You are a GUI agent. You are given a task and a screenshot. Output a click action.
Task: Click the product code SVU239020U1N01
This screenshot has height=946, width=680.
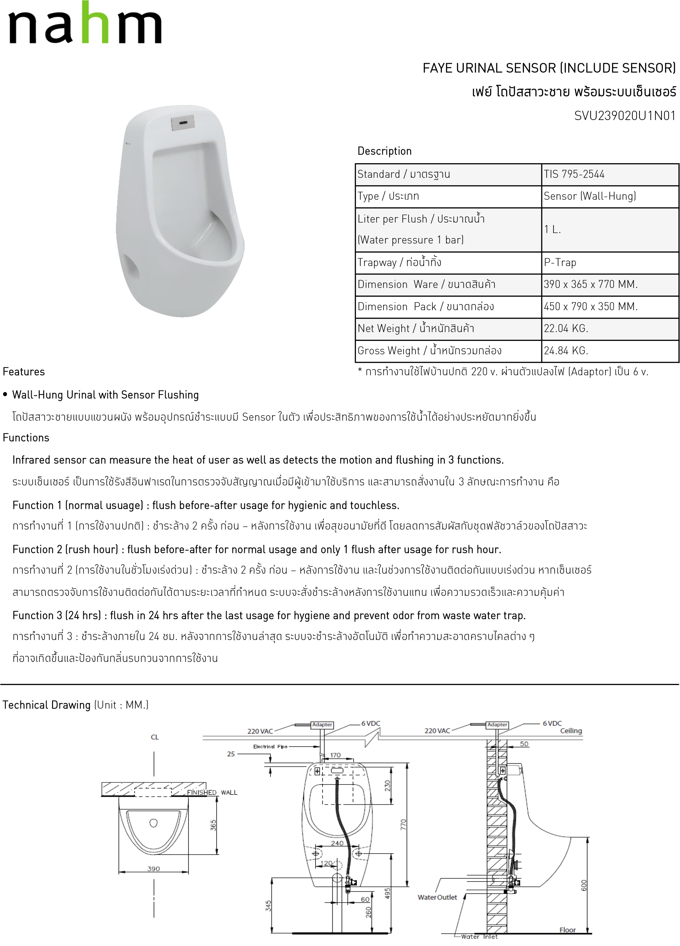tap(624, 116)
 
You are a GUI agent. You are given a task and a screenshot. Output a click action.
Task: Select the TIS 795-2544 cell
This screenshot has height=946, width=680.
tap(574, 174)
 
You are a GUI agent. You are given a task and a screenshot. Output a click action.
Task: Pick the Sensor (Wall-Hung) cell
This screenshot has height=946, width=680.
tap(590, 196)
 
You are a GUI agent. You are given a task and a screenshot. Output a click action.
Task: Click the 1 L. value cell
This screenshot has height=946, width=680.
tap(552, 230)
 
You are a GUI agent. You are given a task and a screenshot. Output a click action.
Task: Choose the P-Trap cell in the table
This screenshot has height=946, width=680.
tap(560, 262)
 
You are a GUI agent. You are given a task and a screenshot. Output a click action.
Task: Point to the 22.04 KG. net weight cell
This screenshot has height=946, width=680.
tap(566, 328)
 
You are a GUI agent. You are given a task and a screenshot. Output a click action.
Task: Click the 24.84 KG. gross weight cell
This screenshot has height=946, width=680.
tap(566, 350)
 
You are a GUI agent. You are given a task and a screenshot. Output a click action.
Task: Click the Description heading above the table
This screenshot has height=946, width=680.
tap(384, 151)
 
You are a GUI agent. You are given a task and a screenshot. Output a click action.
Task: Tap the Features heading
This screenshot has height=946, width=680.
tap(24, 372)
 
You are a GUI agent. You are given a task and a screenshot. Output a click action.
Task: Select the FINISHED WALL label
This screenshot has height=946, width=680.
tap(212, 792)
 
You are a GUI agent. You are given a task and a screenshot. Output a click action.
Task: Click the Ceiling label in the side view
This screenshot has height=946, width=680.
tap(571, 731)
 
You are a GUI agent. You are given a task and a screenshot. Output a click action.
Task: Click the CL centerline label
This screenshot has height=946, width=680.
tap(155, 737)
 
